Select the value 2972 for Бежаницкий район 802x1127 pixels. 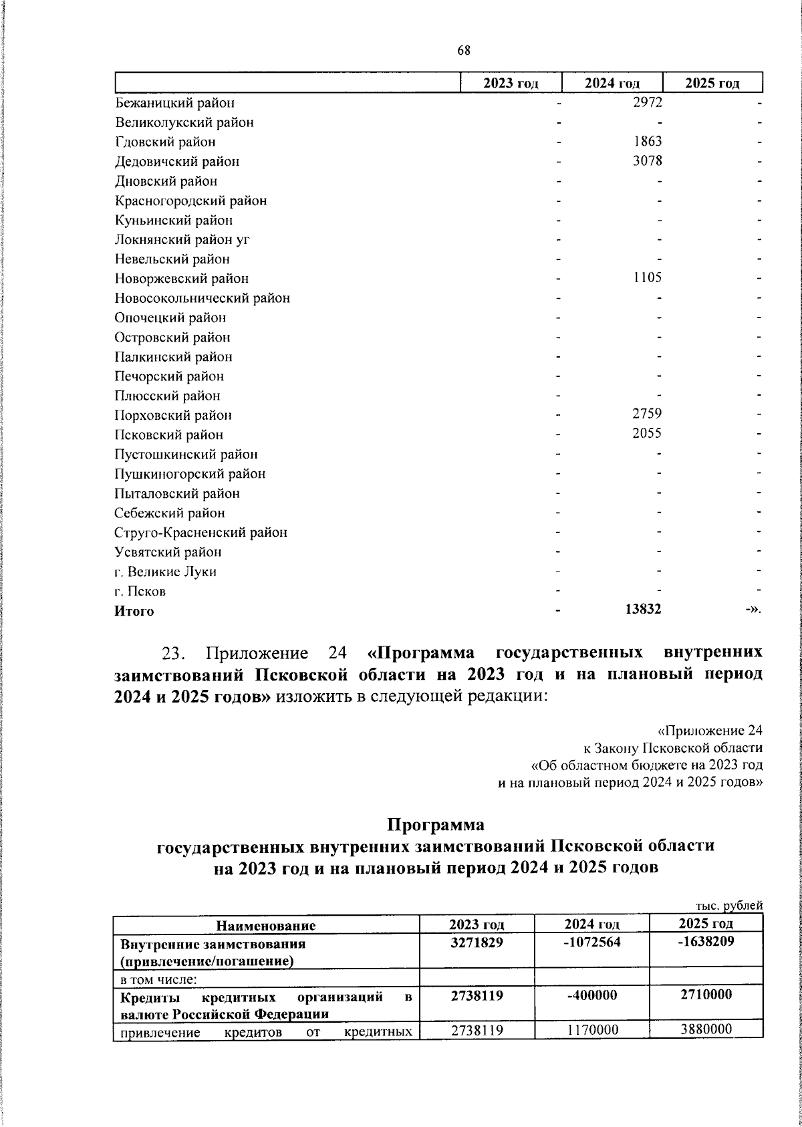point(647,102)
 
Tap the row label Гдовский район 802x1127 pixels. point(165,142)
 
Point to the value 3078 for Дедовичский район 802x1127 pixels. point(647,160)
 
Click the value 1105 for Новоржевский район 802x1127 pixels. point(647,277)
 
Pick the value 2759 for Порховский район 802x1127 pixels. point(647,414)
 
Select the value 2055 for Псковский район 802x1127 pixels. point(647,433)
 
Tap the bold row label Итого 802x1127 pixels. point(134,611)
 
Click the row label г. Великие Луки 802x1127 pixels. point(166,572)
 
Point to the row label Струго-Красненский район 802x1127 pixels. point(201,533)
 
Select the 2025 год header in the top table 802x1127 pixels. point(712,83)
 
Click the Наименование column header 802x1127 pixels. point(265,926)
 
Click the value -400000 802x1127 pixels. point(591,995)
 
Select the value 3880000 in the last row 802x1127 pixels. point(706,1029)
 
